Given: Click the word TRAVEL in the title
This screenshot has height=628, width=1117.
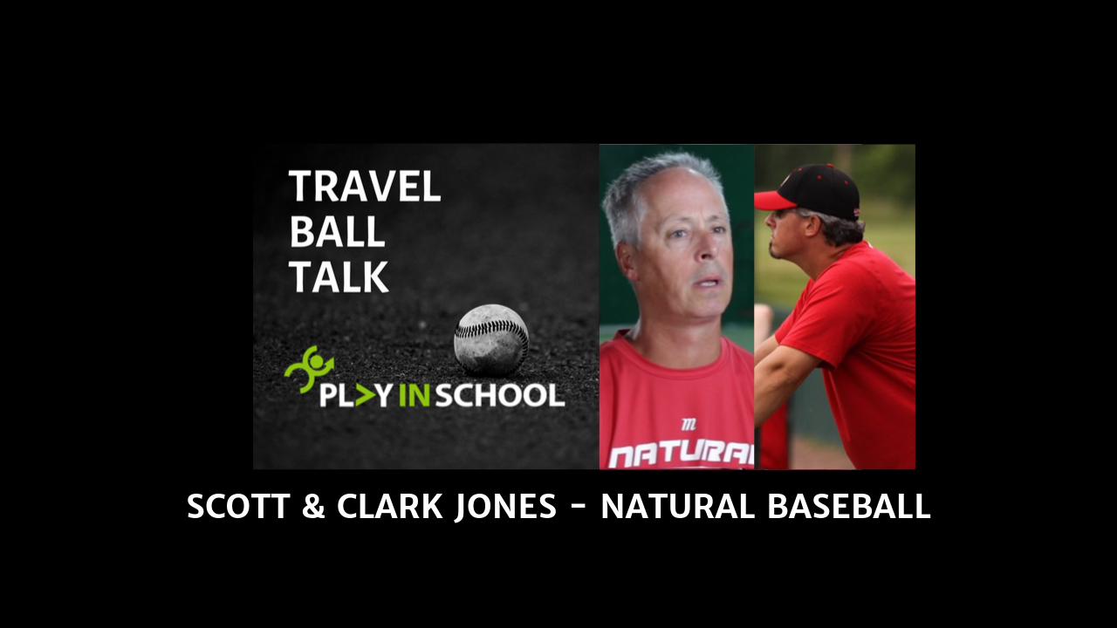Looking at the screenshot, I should click(364, 187).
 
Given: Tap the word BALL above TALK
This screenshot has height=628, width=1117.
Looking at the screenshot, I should click(336, 232).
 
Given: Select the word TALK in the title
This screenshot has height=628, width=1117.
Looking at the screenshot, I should click(338, 276).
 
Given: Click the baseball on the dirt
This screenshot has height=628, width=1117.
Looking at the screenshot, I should click(491, 339).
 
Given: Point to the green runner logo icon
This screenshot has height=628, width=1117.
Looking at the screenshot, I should click(306, 369).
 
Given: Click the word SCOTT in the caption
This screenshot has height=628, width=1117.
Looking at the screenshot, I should click(238, 507).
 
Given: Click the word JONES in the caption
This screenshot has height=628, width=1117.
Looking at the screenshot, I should click(505, 507).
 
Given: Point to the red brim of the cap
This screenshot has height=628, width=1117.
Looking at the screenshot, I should click(771, 201).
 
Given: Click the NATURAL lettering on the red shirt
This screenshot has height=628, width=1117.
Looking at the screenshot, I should click(682, 454).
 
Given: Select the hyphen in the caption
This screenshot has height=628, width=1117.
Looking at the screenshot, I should click(579, 507).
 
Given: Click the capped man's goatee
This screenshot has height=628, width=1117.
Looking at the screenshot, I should click(773, 252).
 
